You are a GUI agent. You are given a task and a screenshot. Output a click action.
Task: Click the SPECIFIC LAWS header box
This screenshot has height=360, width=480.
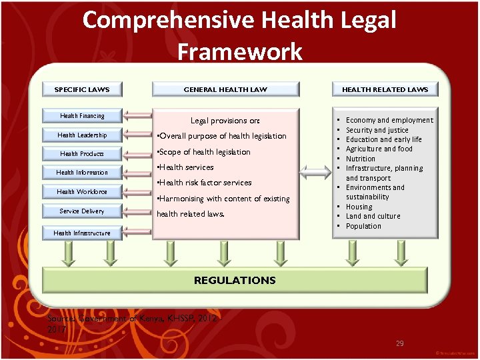82,89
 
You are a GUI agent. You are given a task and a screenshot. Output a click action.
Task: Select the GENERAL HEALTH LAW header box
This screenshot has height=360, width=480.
225,89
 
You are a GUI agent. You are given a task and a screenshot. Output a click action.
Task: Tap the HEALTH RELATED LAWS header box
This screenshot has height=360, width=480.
385,89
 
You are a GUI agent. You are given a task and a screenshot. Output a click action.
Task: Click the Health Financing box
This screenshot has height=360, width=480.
82,116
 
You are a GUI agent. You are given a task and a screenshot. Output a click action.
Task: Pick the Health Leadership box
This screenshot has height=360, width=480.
82,135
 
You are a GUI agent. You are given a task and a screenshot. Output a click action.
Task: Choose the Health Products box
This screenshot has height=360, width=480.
82,154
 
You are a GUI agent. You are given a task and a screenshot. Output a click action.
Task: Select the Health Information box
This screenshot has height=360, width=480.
82,173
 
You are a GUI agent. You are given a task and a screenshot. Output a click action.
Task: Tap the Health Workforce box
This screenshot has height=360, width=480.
82,192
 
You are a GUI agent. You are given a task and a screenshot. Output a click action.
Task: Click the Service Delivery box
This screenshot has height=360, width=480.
82,211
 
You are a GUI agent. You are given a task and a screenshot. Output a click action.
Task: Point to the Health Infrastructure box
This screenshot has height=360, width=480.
82,233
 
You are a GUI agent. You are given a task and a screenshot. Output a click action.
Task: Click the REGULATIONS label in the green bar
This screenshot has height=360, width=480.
235,281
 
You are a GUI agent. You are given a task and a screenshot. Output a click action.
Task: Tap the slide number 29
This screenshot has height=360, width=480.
400,343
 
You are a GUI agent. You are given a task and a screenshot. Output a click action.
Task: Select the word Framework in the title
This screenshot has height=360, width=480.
239,51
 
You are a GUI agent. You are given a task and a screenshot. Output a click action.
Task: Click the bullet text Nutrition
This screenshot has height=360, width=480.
361,159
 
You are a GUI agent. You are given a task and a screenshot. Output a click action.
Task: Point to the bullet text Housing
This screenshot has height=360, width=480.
359,207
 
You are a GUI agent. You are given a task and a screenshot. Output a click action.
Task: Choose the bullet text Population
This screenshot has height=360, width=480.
363,226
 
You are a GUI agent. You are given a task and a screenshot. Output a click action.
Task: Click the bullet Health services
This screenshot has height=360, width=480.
185,167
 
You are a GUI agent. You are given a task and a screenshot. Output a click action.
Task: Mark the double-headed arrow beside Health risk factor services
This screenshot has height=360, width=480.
313,174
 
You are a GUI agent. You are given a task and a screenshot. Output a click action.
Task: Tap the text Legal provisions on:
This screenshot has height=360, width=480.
225,121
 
